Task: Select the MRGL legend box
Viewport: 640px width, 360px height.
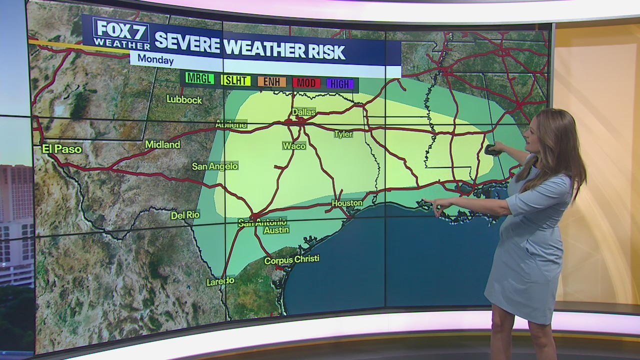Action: (199, 78)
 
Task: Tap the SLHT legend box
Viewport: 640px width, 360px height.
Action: (235, 80)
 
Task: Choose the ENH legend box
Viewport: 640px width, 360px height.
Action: (271, 81)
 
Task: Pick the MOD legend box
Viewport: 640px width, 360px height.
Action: (306, 83)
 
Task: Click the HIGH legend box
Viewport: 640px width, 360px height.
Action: (340, 84)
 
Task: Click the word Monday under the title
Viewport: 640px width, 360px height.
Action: (155, 60)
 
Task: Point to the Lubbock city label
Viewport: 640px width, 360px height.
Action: (184, 99)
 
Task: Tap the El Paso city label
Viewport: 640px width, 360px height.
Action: (61, 148)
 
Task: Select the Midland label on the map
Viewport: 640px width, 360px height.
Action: (162, 144)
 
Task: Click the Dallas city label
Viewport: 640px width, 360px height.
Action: (303, 112)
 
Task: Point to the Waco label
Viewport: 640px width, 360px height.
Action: (294, 145)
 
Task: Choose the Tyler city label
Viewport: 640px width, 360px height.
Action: (343, 134)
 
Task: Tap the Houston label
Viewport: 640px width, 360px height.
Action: (347, 203)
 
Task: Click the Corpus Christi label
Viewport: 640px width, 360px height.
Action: (291, 260)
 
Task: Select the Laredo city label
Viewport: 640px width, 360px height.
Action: (220, 281)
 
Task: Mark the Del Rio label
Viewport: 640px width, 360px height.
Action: (185, 215)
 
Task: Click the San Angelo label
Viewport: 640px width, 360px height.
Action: (215, 166)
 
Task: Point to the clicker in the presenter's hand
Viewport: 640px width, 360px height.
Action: (492, 149)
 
